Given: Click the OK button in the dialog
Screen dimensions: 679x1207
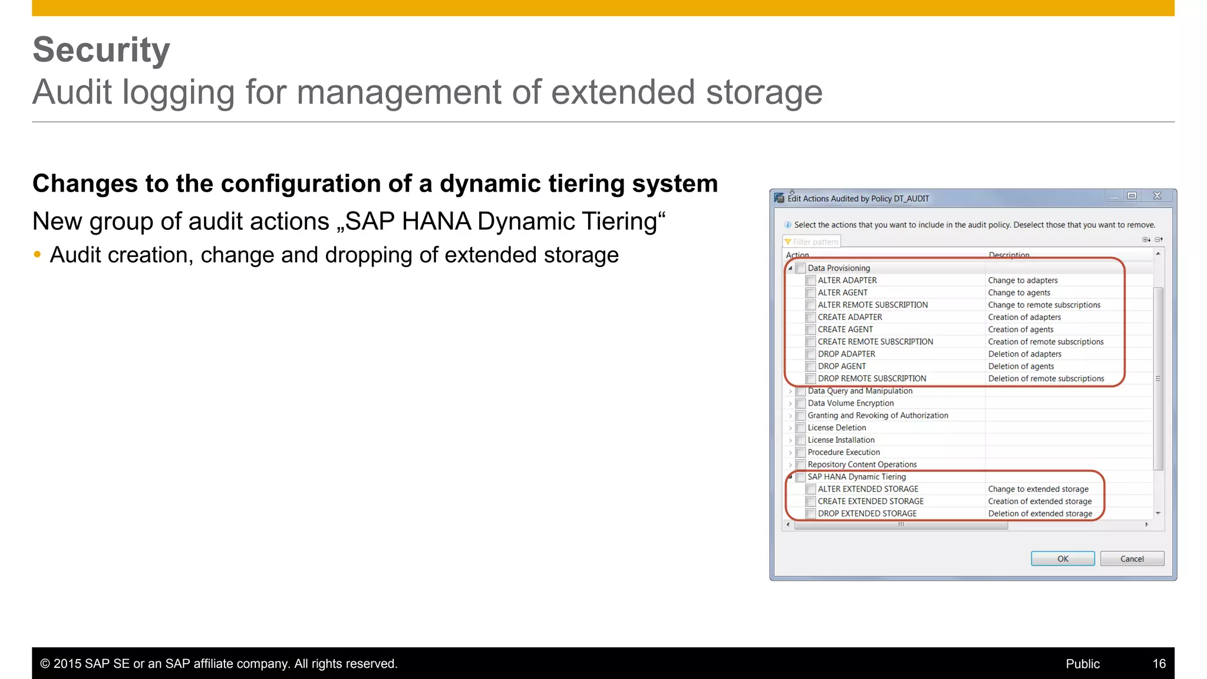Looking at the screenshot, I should pyautogui.click(x=1063, y=559).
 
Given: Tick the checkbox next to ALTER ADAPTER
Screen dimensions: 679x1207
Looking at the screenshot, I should pyautogui.click(x=810, y=281).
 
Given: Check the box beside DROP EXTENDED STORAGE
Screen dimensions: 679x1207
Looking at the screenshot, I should pyautogui.click(x=810, y=514).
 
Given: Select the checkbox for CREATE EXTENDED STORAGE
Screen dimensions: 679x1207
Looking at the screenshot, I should pyautogui.click(x=810, y=502).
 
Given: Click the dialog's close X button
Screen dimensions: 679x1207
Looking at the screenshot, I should pyautogui.click(x=1157, y=196).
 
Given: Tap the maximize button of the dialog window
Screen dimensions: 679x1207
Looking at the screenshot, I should pyautogui.click(x=1132, y=196).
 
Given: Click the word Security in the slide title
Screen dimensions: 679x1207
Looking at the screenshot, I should pyautogui.click(x=101, y=50).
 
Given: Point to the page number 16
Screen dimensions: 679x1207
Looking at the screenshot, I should pyautogui.click(x=1159, y=664).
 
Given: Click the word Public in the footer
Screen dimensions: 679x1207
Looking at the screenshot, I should pyautogui.click(x=1083, y=664).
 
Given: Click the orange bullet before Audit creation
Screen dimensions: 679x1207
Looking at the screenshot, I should pyautogui.click(x=38, y=255).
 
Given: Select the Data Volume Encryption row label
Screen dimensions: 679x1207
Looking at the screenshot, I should pyautogui.click(x=850, y=403).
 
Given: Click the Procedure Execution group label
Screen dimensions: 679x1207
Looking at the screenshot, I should pyautogui.click(x=843, y=452).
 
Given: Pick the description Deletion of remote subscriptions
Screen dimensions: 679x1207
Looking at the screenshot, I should pyautogui.click(x=1046, y=378).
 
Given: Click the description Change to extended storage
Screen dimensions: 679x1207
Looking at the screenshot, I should pyautogui.click(x=1038, y=489).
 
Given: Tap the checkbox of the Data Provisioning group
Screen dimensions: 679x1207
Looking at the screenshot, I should pyautogui.click(x=800, y=268).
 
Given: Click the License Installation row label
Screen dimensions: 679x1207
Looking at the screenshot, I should pyautogui.click(x=841, y=440).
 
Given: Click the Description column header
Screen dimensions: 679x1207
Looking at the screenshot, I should pyautogui.click(x=1009, y=255).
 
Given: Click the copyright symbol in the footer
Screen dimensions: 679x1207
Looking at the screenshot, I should pyautogui.click(x=45, y=664).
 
